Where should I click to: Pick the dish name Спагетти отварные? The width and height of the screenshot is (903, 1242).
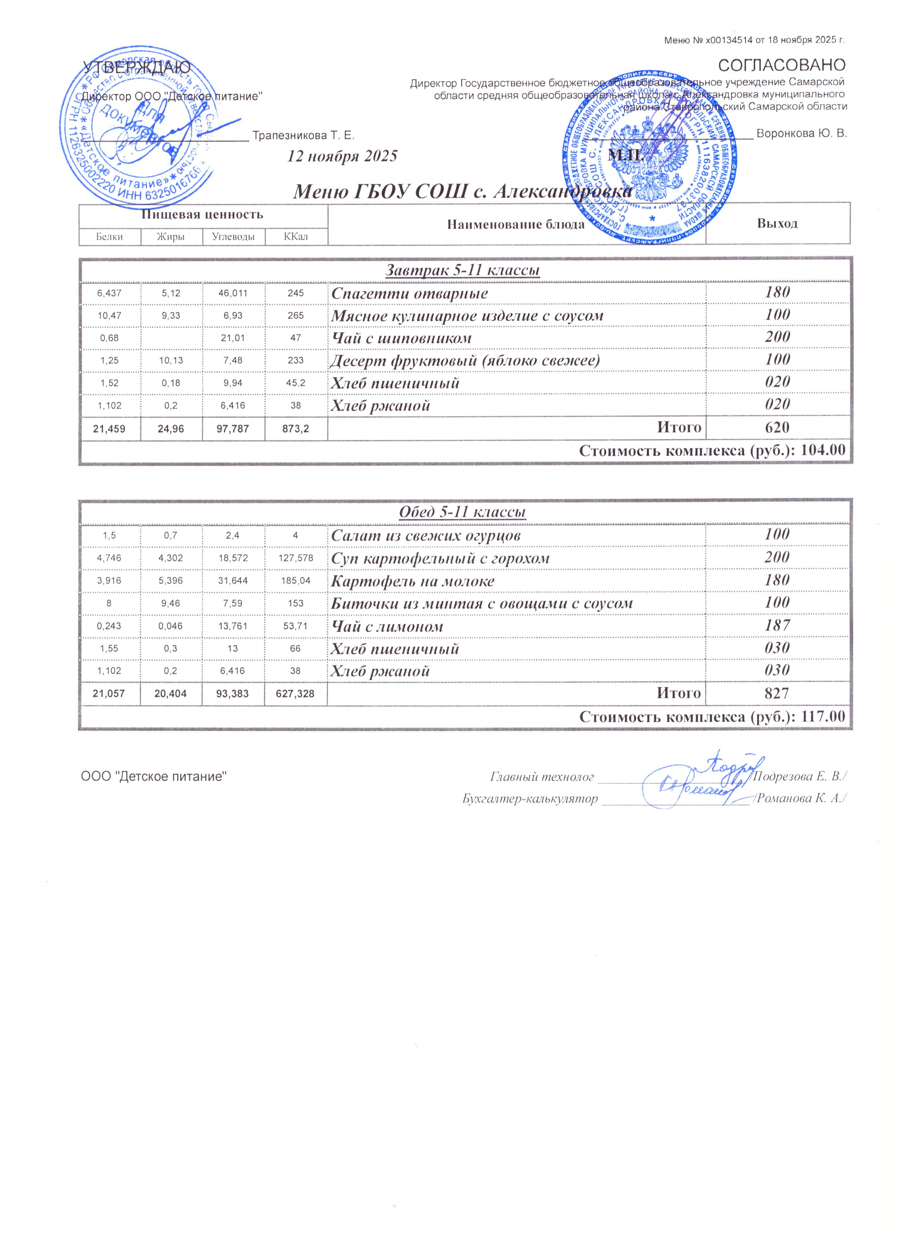(410, 294)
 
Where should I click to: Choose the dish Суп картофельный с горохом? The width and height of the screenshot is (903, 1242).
(440, 559)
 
